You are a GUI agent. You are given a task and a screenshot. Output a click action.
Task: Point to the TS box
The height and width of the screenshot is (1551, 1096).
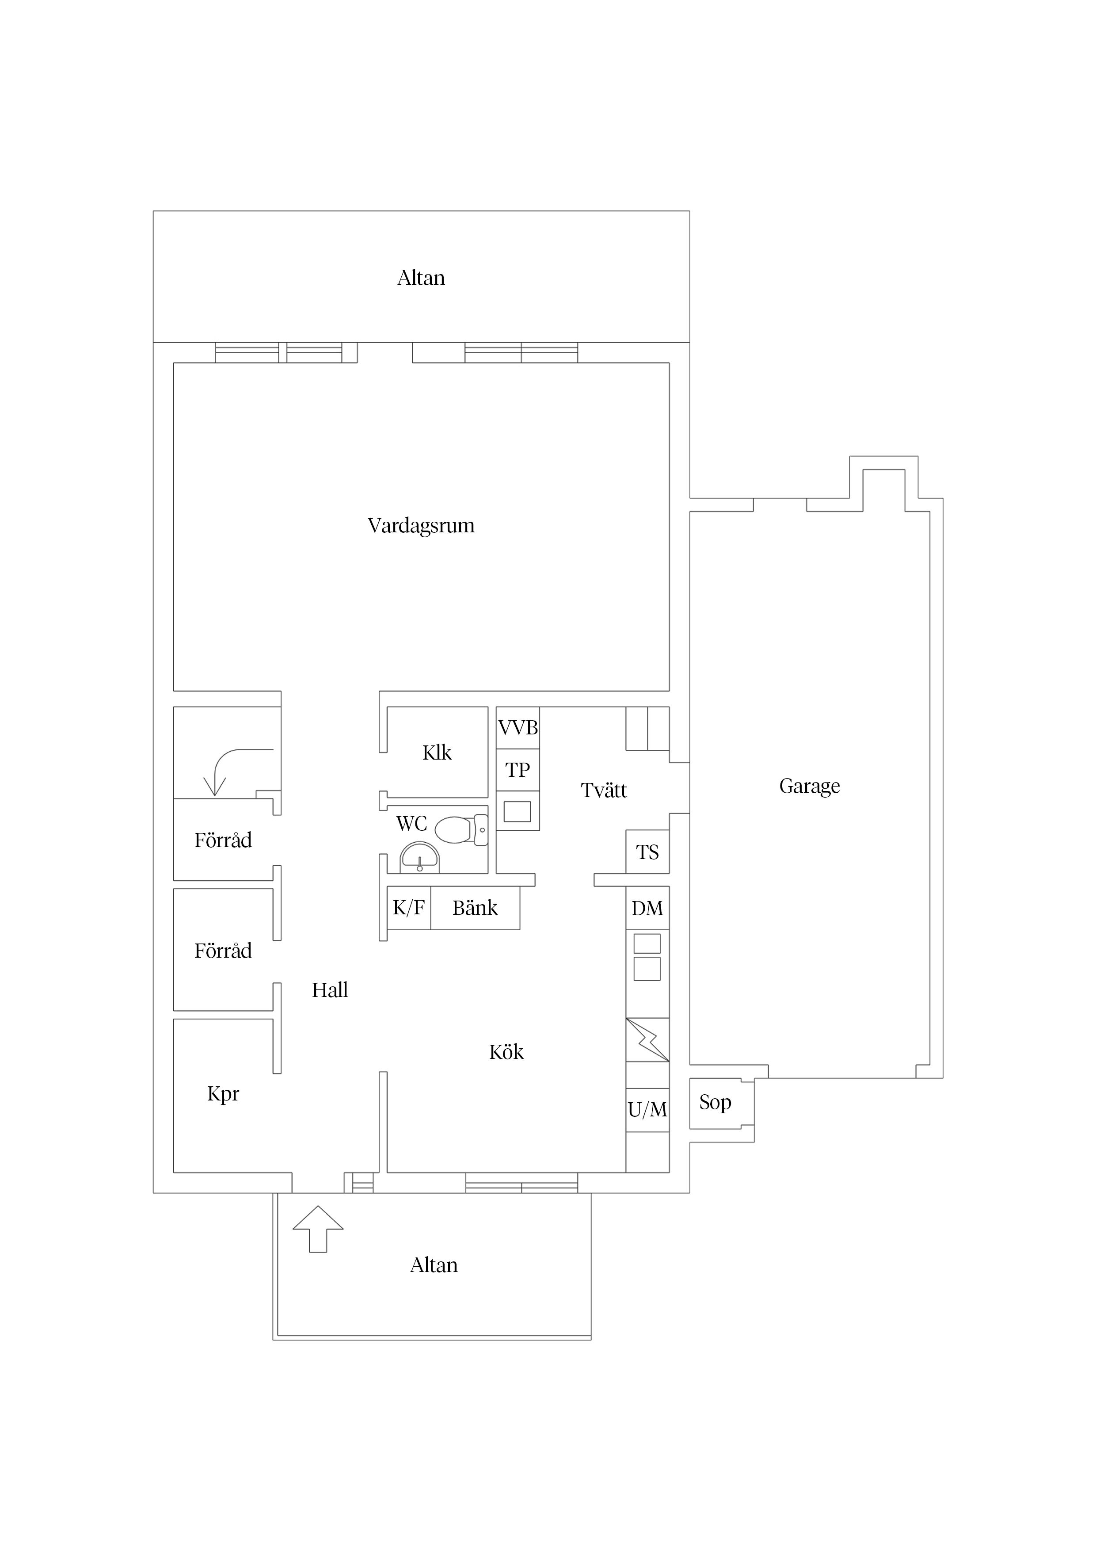click(647, 852)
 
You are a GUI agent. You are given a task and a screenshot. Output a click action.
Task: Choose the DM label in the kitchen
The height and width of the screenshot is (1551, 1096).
click(647, 909)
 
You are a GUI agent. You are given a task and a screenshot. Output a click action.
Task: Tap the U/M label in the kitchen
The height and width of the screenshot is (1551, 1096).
click(647, 1109)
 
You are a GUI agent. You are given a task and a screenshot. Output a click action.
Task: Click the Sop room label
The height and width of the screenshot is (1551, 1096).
click(715, 1102)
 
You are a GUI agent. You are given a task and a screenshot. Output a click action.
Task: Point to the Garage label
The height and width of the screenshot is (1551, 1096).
click(809, 786)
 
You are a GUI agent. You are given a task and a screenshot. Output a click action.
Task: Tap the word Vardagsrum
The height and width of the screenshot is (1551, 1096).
click(421, 526)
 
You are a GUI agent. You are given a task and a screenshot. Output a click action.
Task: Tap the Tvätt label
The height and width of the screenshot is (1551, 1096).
click(604, 791)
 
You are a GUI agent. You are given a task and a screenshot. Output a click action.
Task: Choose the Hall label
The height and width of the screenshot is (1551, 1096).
click(330, 990)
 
